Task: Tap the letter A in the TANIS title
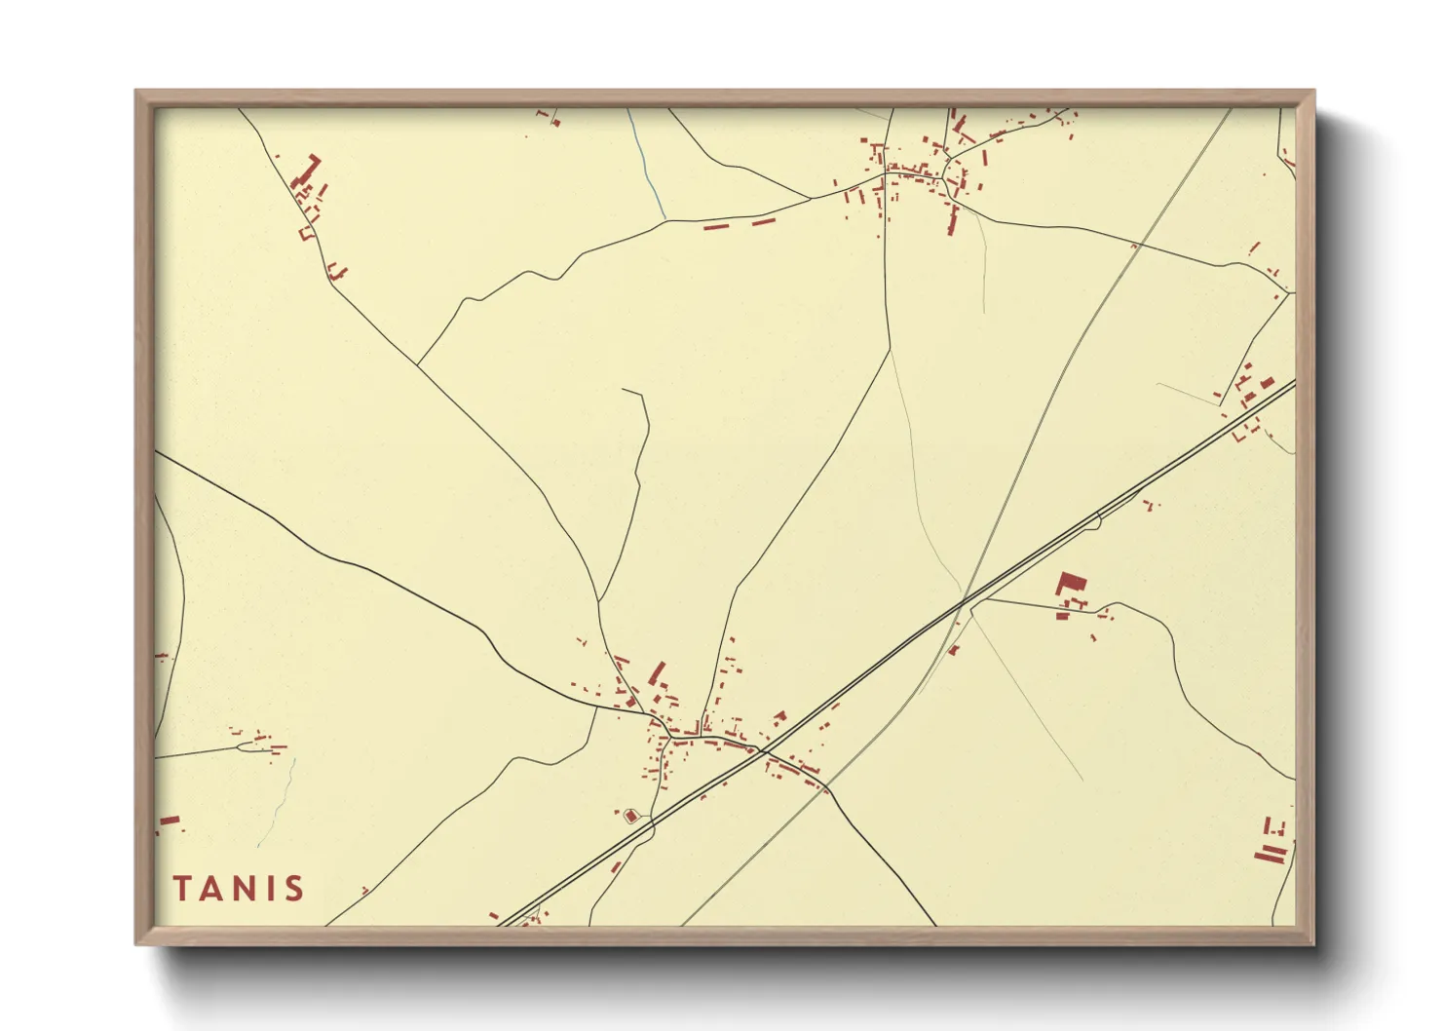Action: click(x=212, y=889)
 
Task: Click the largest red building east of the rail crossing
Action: click(x=1071, y=585)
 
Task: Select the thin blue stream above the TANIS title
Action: click(x=278, y=804)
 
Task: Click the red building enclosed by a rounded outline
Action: click(x=630, y=816)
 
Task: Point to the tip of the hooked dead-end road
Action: click(x=624, y=390)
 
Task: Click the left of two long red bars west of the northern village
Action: click(x=716, y=227)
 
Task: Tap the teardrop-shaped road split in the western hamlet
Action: click(x=244, y=746)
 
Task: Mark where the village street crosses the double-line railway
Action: click(x=764, y=752)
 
